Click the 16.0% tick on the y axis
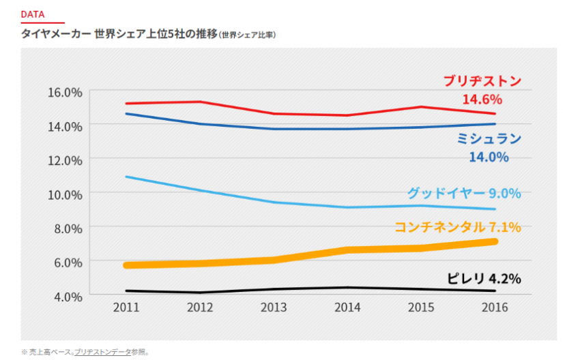(x=63, y=91)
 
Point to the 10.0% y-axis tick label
(x=63, y=194)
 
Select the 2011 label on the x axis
(x=127, y=307)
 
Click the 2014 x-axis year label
(x=347, y=307)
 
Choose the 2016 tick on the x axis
(x=495, y=307)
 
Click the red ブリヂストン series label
(x=482, y=81)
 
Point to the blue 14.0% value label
(x=489, y=157)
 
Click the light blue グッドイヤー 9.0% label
(x=464, y=193)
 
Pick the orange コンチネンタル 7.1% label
(x=457, y=227)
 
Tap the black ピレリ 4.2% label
(x=484, y=278)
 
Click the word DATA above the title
(x=32, y=14)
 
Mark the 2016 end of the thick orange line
(x=495, y=241)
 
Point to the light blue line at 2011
(x=127, y=177)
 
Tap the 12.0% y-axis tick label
(x=63, y=160)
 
